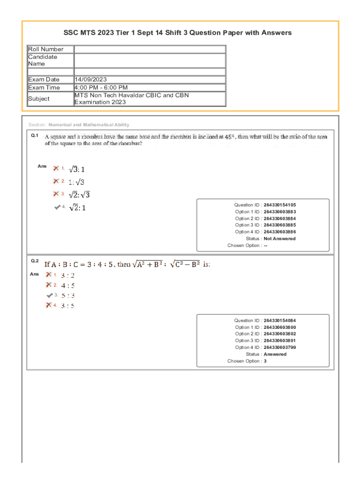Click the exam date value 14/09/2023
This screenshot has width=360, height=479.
(x=94, y=80)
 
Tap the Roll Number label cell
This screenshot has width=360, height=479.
(x=46, y=49)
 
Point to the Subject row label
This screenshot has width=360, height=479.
(x=39, y=99)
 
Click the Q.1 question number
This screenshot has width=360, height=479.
(x=34, y=135)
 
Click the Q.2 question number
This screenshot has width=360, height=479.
(x=35, y=261)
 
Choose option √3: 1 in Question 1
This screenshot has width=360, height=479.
(x=77, y=169)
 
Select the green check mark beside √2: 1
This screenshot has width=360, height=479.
(x=58, y=207)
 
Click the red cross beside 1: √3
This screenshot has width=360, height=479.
(x=56, y=181)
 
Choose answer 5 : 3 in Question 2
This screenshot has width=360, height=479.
(x=68, y=296)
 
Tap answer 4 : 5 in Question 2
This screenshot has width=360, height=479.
(x=68, y=285)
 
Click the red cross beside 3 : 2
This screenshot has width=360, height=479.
(x=49, y=275)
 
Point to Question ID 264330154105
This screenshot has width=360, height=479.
(x=280, y=205)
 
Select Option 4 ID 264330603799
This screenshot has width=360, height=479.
(x=280, y=348)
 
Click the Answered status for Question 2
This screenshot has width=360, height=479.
(x=275, y=354)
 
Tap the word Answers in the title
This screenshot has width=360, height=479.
(x=276, y=33)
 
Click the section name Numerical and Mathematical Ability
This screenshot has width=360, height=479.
(x=89, y=125)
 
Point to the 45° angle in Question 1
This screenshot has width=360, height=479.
(x=228, y=137)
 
